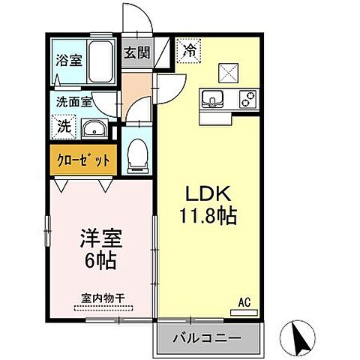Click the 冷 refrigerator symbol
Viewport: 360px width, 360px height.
tap(189, 52)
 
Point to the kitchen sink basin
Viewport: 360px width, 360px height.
tap(211, 99)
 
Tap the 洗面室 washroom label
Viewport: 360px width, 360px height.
tap(73, 100)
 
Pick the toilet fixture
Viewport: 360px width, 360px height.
tap(136, 153)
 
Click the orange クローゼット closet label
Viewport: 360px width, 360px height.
tap(82, 160)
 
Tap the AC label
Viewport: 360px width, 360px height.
tap(244, 303)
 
